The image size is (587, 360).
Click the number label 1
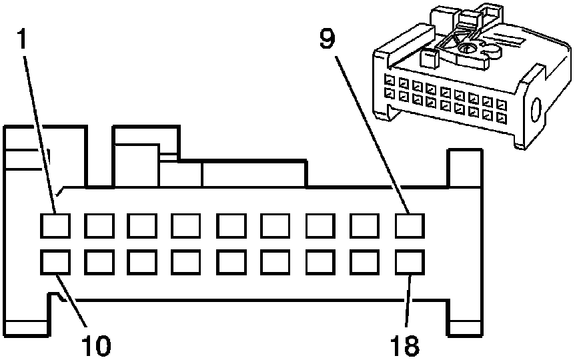(x=23, y=39)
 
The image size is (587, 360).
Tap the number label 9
(x=328, y=39)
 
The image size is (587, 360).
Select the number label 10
(x=96, y=345)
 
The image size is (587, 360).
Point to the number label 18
(x=405, y=345)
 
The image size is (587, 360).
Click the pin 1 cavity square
(x=55, y=225)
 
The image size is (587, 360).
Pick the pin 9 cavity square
(x=410, y=225)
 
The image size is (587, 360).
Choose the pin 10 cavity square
(x=55, y=262)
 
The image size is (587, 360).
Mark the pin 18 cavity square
(x=410, y=262)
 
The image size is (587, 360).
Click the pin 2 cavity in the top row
(x=99, y=225)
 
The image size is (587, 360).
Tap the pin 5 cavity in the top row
(x=231, y=225)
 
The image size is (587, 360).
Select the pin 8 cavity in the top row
(x=365, y=225)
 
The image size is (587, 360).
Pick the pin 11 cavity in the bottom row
(x=99, y=262)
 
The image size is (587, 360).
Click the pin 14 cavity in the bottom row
(x=231, y=262)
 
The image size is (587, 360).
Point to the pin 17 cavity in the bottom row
(x=365, y=262)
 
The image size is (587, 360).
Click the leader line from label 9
(x=372, y=135)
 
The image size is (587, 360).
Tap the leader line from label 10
(x=71, y=301)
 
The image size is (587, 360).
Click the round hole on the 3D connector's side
(x=537, y=110)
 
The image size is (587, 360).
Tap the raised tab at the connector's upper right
(x=465, y=168)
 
